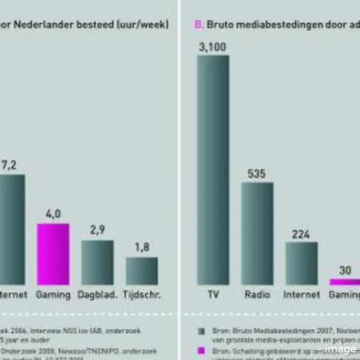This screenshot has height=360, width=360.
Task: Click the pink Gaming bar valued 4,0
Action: pos(53,254)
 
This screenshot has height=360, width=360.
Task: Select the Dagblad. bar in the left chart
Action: pos(97,262)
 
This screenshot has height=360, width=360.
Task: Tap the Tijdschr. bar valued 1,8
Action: pos(142,271)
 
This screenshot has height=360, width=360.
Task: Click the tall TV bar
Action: pos(213,170)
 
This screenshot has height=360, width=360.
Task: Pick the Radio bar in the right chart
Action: pos(257,233)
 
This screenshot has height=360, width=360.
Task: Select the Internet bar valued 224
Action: pos(301,263)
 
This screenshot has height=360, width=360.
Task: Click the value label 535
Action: pos(257,174)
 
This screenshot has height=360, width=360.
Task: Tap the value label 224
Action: pos(301,235)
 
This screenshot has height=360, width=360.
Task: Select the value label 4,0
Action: pos(53,215)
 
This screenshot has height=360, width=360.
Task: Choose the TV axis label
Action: pos(213,294)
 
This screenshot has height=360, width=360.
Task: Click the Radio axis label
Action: pos(257,294)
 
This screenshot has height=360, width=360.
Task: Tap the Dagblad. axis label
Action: pos(97,294)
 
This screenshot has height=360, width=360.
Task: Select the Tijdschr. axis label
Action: pos(142,294)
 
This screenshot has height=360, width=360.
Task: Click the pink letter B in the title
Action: pos(197,24)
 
